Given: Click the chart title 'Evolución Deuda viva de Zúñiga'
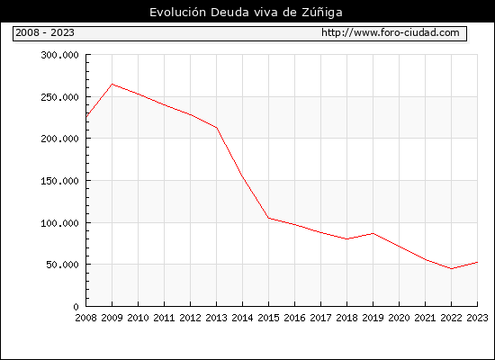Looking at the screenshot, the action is click(246, 13).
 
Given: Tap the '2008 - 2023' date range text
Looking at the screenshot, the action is click(45, 32).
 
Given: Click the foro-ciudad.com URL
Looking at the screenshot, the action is click(391, 32).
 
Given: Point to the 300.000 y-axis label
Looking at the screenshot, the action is click(59, 55).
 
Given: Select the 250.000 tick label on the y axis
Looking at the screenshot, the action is click(59, 97).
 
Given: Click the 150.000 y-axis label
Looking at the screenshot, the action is click(59, 181).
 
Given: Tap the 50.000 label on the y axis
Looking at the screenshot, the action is click(62, 265).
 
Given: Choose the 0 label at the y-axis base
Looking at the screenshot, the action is click(76, 307).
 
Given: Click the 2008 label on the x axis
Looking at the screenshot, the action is click(85, 318).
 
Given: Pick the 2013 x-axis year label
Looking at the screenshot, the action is click(216, 318).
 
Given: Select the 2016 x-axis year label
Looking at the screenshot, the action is click(294, 318).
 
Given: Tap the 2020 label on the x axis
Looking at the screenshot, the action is click(399, 318).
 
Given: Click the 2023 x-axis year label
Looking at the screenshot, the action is click(477, 318).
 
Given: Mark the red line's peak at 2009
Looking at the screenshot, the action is click(112, 84).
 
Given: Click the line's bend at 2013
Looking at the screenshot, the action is click(217, 128).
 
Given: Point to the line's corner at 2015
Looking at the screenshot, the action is click(269, 218).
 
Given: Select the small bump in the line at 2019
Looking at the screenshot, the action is click(373, 233).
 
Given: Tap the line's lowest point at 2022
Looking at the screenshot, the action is click(452, 269).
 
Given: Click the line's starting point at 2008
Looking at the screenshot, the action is click(86, 117).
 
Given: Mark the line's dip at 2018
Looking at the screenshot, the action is click(346, 239).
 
